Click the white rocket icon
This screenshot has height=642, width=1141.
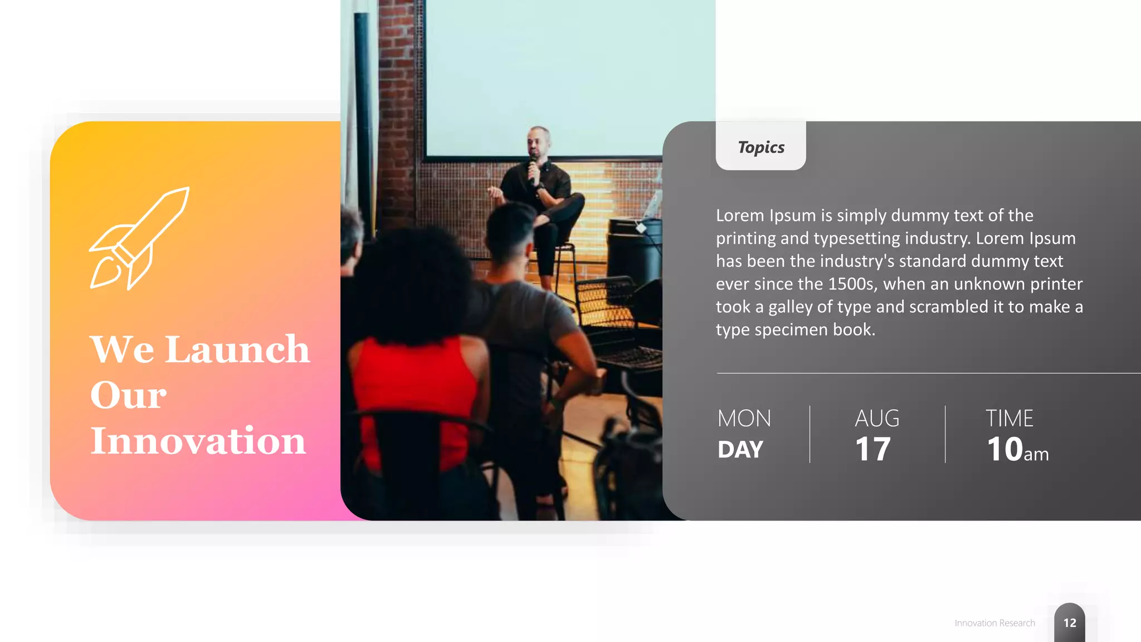pyautogui.click(x=139, y=238)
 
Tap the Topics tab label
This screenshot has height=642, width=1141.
pyautogui.click(x=761, y=147)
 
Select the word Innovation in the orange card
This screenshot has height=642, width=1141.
pyautogui.click(x=198, y=441)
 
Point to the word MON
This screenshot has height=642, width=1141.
pyautogui.click(x=744, y=419)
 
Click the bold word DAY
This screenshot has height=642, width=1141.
pyautogui.click(x=740, y=450)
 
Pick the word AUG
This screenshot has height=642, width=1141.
pyautogui.click(x=877, y=419)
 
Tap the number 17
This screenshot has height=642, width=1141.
pyautogui.click(x=873, y=449)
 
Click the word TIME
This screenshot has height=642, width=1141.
pyautogui.click(x=1009, y=419)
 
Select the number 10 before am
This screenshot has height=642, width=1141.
pyautogui.click(x=1005, y=449)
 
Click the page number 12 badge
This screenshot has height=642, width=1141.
pyautogui.click(x=1070, y=623)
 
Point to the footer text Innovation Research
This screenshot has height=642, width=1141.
pyautogui.click(x=994, y=623)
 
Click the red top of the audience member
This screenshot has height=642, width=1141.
pyautogui.click(x=415, y=390)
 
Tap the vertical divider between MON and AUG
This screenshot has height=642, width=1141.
pyautogui.click(x=810, y=434)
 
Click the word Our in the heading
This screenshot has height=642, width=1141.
pyautogui.click(x=128, y=395)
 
